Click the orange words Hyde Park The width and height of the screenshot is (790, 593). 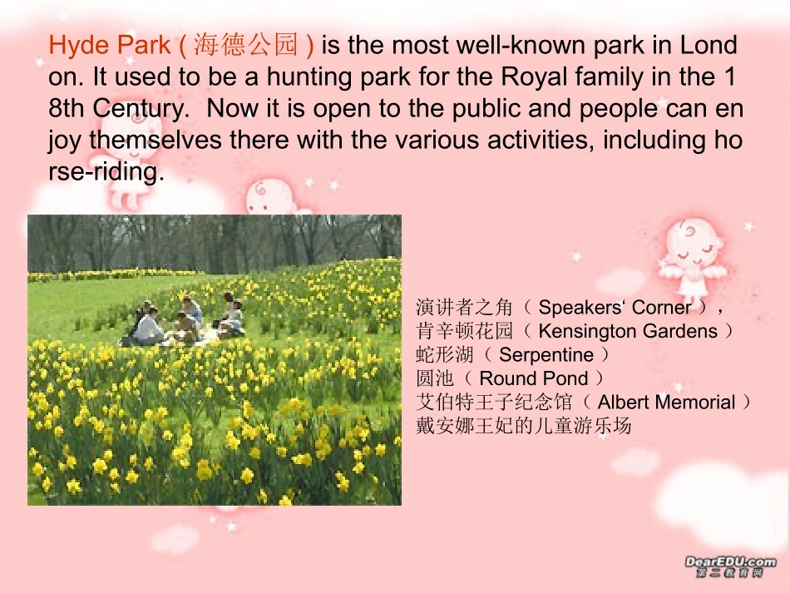click(109, 46)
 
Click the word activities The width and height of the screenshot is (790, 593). click(540, 140)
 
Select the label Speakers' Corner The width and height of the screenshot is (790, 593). click(615, 308)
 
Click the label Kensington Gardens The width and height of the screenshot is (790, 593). click(628, 331)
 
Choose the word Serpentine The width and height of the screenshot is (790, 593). click(546, 355)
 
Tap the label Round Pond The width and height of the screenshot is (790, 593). click(534, 378)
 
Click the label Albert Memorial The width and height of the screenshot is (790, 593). click(667, 402)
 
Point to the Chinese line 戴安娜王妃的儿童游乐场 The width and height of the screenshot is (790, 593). click(523, 426)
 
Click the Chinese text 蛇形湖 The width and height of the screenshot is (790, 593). click(445, 354)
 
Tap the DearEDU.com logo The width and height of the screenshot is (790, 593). click(730, 566)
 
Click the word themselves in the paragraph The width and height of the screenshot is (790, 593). click(156, 140)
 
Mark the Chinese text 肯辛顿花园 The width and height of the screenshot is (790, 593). click(464, 331)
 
